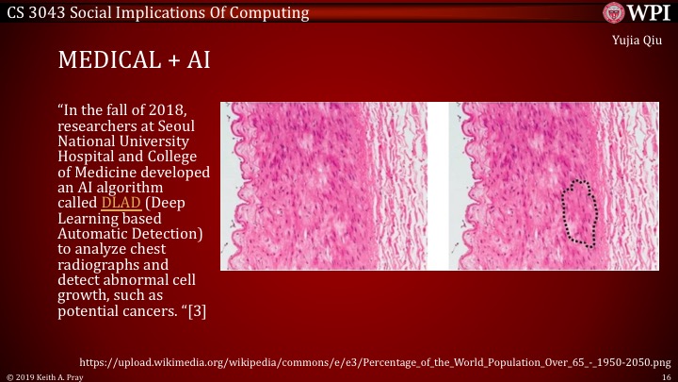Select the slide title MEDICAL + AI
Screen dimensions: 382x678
133,61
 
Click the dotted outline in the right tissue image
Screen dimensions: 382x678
581,213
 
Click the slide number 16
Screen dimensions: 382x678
666,375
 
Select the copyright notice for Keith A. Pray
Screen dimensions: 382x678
44,375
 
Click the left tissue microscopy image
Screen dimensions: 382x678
323,186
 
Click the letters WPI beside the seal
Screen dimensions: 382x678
647,13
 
